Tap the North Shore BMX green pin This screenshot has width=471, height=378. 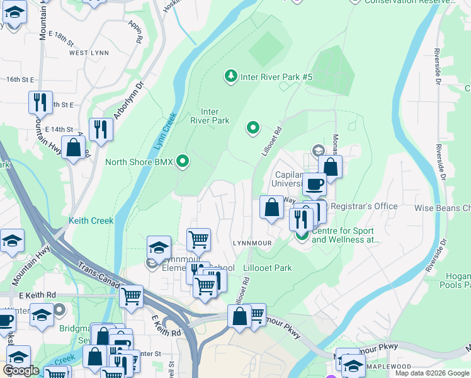click(183, 162)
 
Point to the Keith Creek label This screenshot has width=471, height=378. click(92, 220)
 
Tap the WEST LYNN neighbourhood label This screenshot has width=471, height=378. click(87, 53)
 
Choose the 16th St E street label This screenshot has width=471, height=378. click(20, 79)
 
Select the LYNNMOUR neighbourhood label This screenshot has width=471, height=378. click(252, 243)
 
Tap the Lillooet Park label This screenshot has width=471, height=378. click(268, 268)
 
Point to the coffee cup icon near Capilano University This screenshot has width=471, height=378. click(314, 184)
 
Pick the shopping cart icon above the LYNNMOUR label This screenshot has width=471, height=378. click(198, 239)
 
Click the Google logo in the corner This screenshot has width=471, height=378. click(21, 370)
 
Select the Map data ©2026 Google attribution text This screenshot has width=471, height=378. click(432, 373)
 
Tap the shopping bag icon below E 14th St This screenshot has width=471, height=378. click(74, 148)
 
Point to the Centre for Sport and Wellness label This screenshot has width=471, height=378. click(346, 235)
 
